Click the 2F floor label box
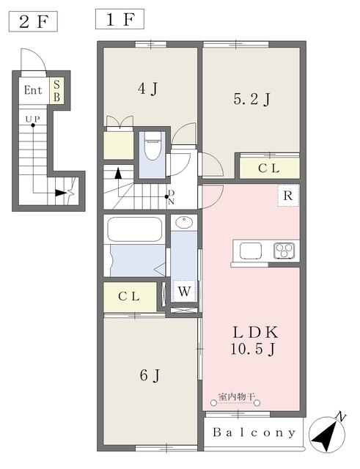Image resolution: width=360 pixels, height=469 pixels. click(33, 21)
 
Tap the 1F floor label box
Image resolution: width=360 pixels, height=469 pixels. click(120, 19)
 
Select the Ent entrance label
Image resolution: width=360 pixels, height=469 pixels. click(33, 90)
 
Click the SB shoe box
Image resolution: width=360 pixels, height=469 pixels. click(56, 91)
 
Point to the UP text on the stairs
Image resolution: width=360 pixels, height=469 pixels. click(32, 119)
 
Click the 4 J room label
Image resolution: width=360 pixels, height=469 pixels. click(148, 89)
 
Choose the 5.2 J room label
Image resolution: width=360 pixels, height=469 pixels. click(252, 100)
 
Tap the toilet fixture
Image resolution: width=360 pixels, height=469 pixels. click(153, 147)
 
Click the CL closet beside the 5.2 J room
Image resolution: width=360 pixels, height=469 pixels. click(269, 168)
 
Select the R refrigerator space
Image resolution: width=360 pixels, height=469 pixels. click(288, 196)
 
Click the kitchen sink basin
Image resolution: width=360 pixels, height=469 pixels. click(251, 251)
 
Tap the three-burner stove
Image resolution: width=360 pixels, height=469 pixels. click(284, 251)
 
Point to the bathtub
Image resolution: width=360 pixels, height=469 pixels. click(135, 229)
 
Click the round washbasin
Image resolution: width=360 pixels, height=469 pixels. click(184, 223)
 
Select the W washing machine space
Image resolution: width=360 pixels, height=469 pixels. click(184, 291)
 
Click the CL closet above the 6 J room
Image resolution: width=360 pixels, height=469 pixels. click(130, 297)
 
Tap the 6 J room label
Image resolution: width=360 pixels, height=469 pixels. click(150, 375)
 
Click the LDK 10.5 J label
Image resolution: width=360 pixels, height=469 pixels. click(254, 341)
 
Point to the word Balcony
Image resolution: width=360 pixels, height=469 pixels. click(254, 432)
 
